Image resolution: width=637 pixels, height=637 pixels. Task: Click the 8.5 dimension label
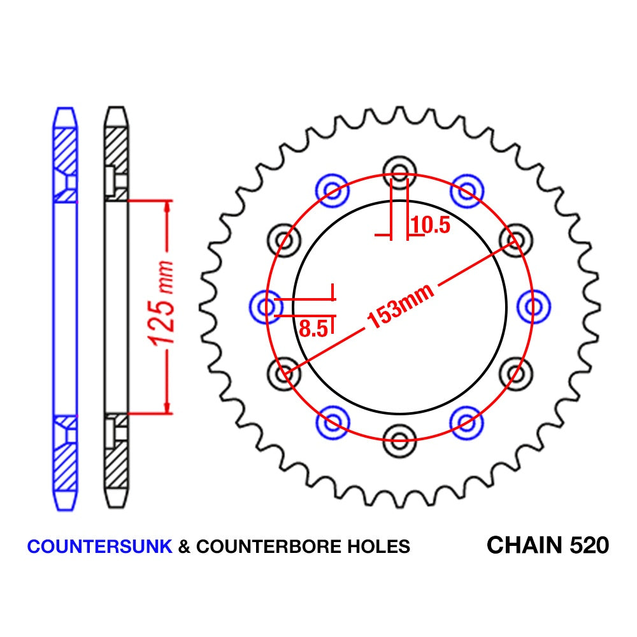pyautogui.click(x=313, y=329)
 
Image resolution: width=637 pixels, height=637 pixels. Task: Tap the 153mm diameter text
pyautogui.click(x=401, y=308)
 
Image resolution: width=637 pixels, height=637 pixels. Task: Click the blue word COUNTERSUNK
pyautogui.click(x=100, y=547)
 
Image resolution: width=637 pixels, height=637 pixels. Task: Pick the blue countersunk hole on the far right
pyautogui.click(x=534, y=306)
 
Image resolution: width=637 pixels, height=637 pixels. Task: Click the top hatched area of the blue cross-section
pyautogui.click(x=65, y=150)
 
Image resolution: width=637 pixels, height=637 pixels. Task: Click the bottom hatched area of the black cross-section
pyautogui.click(x=116, y=462)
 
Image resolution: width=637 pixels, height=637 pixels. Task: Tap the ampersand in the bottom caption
pyautogui.click(x=184, y=547)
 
